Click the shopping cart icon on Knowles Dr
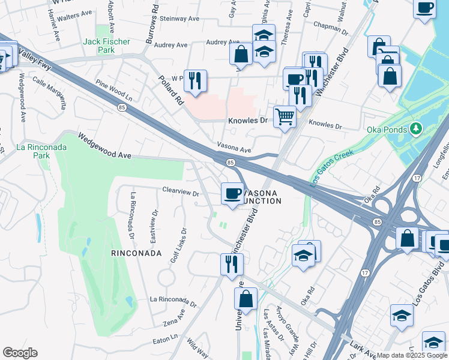point(285,116)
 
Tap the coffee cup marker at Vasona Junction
point(232,193)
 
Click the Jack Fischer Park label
point(99,46)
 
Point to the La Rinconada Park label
point(33,151)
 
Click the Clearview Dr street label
point(180,193)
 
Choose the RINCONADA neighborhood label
point(136,253)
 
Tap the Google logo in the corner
point(20,353)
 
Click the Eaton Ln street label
point(165,339)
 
